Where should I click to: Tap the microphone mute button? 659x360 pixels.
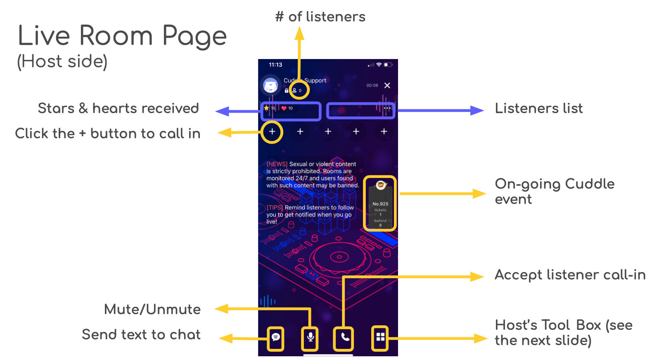(311, 337)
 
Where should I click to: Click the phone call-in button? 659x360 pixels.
(345, 337)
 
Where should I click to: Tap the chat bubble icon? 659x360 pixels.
(276, 337)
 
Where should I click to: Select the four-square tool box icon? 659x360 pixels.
(380, 337)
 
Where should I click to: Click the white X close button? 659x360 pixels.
(387, 85)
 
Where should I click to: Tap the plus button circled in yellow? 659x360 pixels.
(272, 132)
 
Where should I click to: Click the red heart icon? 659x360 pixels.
(284, 108)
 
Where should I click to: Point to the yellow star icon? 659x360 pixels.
(266, 108)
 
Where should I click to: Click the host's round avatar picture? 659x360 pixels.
(270, 85)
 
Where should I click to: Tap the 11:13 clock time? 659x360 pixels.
(275, 65)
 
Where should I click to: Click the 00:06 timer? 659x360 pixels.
(372, 85)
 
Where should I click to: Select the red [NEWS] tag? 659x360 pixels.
(277, 164)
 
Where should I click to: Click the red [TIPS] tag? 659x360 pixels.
(275, 208)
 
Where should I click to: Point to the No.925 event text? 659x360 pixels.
(380, 204)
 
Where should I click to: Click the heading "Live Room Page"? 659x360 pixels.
(122, 36)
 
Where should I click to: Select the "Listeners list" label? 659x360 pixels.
(539, 109)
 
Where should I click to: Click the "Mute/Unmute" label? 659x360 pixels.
(152, 309)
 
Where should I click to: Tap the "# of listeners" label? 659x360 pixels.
(320, 17)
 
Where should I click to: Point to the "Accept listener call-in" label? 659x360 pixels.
(570, 275)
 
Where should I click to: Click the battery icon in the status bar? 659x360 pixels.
(388, 65)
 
